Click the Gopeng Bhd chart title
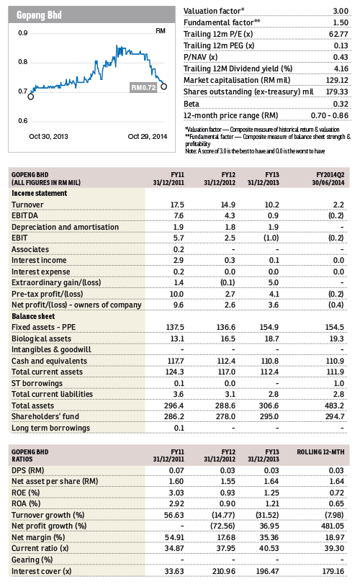point(39,15)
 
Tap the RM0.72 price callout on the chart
point(143,88)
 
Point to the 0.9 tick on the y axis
point(23,33)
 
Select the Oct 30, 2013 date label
point(48,137)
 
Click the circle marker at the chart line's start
point(30,96)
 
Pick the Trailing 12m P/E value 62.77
point(338,35)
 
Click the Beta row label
point(192,104)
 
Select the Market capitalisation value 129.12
point(337,81)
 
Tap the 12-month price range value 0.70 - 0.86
point(330,116)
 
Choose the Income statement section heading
point(39,193)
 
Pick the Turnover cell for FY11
point(177,205)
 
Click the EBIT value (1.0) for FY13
point(271,238)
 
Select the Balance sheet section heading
point(33,316)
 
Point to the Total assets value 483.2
point(334,405)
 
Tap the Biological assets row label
point(41,338)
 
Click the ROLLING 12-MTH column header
point(320,452)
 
